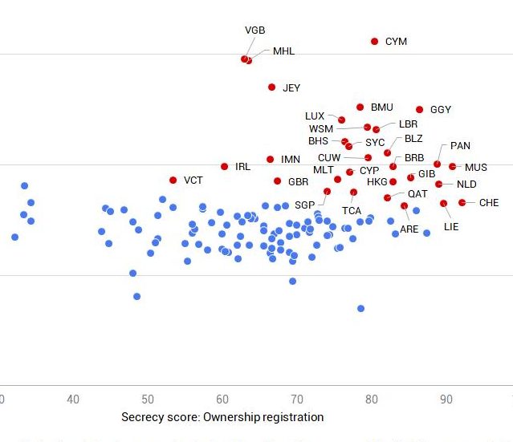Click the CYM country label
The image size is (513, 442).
tap(396, 42)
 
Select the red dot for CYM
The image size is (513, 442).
tap(374, 41)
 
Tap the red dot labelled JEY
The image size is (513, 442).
tap(271, 87)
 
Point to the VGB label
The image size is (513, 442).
tap(254, 30)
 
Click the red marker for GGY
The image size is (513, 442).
tap(419, 109)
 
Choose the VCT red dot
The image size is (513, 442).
tap(173, 180)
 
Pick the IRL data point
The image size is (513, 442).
tap(225, 166)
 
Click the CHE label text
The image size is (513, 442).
tap(489, 203)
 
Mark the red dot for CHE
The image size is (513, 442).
tap(462, 202)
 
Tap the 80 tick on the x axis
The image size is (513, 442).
tap(371, 399)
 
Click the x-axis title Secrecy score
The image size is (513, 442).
tap(222, 417)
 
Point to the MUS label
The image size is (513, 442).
tap(476, 168)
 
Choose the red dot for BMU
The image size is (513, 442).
tap(360, 107)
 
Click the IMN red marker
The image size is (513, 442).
tap(270, 159)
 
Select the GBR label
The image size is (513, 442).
tap(299, 182)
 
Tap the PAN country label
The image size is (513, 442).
tap(460, 146)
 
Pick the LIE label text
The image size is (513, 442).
tap(451, 227)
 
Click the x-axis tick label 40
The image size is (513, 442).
tap(73, 399)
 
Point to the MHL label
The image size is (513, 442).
tap(283, 51)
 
